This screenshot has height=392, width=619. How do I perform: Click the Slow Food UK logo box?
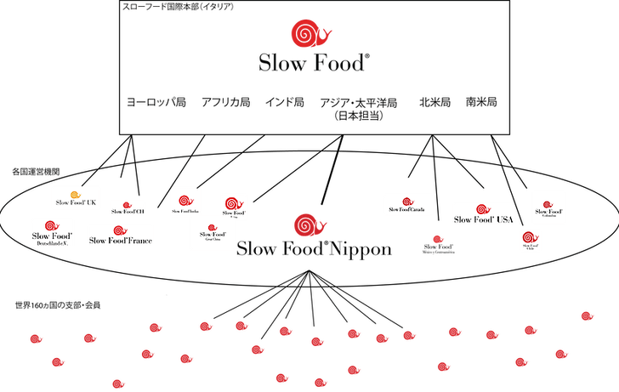click(x=77, y=197)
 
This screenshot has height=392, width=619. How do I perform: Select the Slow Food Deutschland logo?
click(x=51, y=231)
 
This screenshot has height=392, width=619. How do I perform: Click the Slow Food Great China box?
click(x=212, y=234)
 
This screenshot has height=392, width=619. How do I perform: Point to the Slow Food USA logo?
click(x=484, y=215)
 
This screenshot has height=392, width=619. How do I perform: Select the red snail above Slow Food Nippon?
click(x=307, y=224)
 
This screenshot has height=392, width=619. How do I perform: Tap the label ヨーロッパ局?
click(x=156, y=101)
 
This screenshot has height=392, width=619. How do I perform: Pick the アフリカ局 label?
click(x=225, y=101)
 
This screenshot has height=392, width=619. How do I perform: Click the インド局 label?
click(x=284, y=101)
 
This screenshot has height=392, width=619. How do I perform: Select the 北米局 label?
click(x=434, y=101)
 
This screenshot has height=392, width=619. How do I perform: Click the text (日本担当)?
click(x=357, y=115)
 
